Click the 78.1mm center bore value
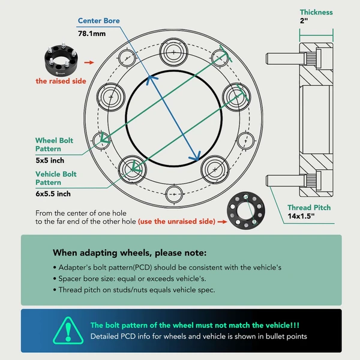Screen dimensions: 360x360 [x=91, y=33]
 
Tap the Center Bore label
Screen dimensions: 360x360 [x=98, y=21]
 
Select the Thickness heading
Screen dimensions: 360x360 [x=316, y=12]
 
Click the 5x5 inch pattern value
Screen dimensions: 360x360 [x=50, y=160]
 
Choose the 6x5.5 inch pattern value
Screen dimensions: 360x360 [x=53, y=193]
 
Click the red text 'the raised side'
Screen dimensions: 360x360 [x=61, y=80]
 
